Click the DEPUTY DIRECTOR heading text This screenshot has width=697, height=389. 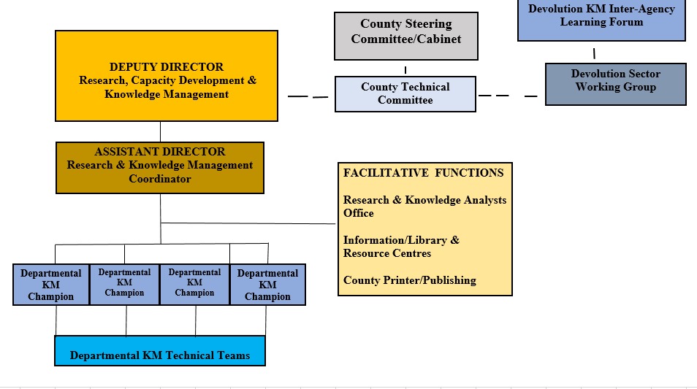tap(167, 67)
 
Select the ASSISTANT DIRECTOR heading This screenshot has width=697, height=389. tap(160, 152)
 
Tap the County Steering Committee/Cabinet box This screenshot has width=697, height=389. tap(405, 35)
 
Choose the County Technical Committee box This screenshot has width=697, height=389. tap(405, 93)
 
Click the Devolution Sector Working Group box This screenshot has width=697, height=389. tap(615, 84)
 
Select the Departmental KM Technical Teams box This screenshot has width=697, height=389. tap(160, 351)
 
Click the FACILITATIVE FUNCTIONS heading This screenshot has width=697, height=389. tap(423, 173)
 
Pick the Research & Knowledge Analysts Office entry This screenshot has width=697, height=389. tap(424, 207)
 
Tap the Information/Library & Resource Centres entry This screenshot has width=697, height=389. tap(401, 247)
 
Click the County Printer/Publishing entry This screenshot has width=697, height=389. tap(409, 280)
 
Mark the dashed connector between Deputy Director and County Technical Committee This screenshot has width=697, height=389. tap(308, 96)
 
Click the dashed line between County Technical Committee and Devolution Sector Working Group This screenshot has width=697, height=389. tap(511, 96)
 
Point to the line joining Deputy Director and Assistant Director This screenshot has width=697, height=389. tap(160, 131)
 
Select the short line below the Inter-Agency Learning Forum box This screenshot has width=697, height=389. tap(594, 53)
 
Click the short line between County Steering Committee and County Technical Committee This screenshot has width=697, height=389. tap(405, 69)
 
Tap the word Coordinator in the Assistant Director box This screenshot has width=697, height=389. tap(160, 179)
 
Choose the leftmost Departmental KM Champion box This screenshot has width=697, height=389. tap(51, 285)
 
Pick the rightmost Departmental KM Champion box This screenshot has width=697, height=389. tap(267, 285)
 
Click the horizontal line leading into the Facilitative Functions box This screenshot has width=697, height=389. tap(248, 223)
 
